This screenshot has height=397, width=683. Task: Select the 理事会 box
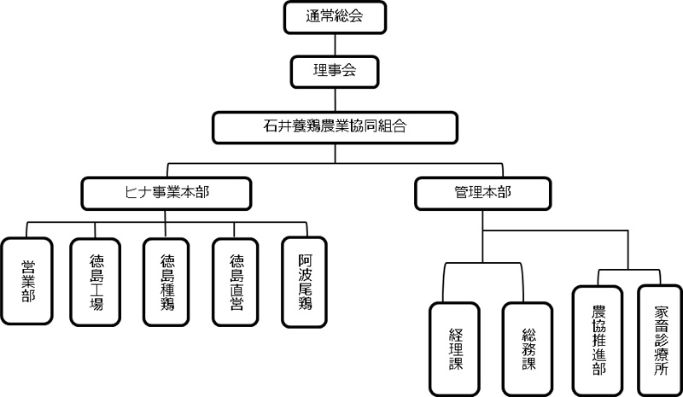click(x=335, y=72)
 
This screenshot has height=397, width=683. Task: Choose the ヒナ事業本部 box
click(x=167, y=192)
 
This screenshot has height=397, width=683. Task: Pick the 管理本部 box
click(x=482, y=192)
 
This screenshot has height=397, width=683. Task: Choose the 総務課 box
click(x=522, y=348)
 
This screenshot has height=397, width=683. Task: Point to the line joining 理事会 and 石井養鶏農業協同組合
click(x=335, y=99)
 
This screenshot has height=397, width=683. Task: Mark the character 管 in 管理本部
click(x=461, y=192)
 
